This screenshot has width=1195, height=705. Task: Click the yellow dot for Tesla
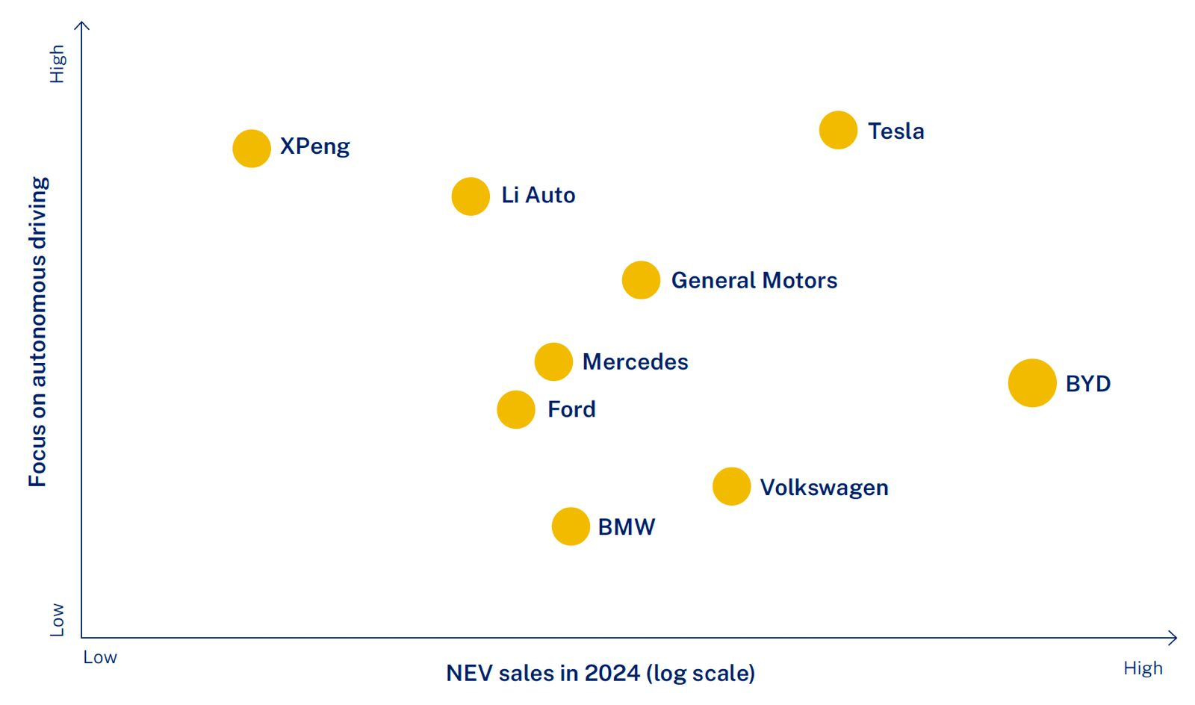838,130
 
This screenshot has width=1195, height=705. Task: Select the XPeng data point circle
252,148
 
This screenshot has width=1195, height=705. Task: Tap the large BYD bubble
1032,382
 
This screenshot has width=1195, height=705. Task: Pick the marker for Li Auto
471,196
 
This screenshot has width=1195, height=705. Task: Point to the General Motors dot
641,280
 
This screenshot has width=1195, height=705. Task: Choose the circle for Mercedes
553,361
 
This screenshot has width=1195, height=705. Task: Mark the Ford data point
516,409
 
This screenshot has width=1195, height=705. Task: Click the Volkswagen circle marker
731,486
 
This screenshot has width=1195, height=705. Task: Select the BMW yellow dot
571,527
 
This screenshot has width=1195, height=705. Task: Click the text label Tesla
896,131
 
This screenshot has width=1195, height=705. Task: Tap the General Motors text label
754,281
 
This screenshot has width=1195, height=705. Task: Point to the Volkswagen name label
824,488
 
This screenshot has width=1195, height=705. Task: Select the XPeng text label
314,146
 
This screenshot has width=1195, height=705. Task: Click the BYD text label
1087,384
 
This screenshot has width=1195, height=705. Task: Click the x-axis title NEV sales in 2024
600,673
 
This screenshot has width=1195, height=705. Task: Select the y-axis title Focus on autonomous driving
37,332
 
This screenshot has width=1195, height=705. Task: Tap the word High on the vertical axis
57,64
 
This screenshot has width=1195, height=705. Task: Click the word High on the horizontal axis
1143,668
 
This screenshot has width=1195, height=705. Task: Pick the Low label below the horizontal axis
100,657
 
